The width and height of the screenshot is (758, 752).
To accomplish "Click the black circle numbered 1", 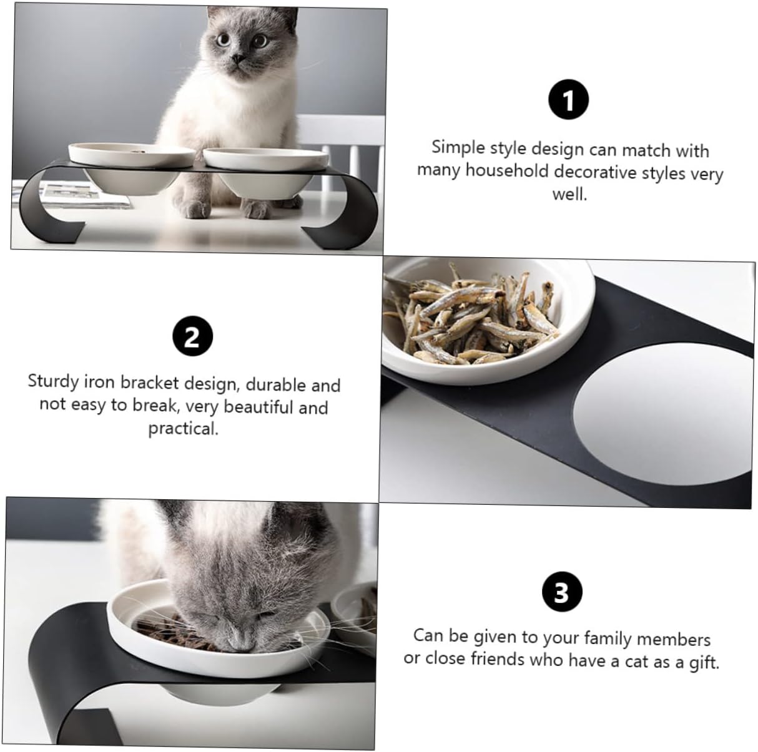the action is click(x=568, y=99).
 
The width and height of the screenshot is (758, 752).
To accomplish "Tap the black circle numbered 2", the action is click(x=193, y=336).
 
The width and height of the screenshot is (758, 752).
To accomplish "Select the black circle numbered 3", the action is click(x=562, y=592).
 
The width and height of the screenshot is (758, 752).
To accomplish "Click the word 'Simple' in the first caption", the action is click(x=458, y=147).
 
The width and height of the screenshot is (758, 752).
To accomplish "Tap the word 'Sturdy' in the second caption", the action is click(x=53, y=381).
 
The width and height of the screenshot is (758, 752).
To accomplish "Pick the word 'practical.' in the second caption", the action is click(x=183, y=428).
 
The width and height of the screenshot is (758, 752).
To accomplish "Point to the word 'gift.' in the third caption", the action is click(x=704, y=663).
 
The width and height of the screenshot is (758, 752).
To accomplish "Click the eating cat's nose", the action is click(x=241, y=645).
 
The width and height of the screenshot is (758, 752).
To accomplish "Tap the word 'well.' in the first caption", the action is click(x=569, y=194).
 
